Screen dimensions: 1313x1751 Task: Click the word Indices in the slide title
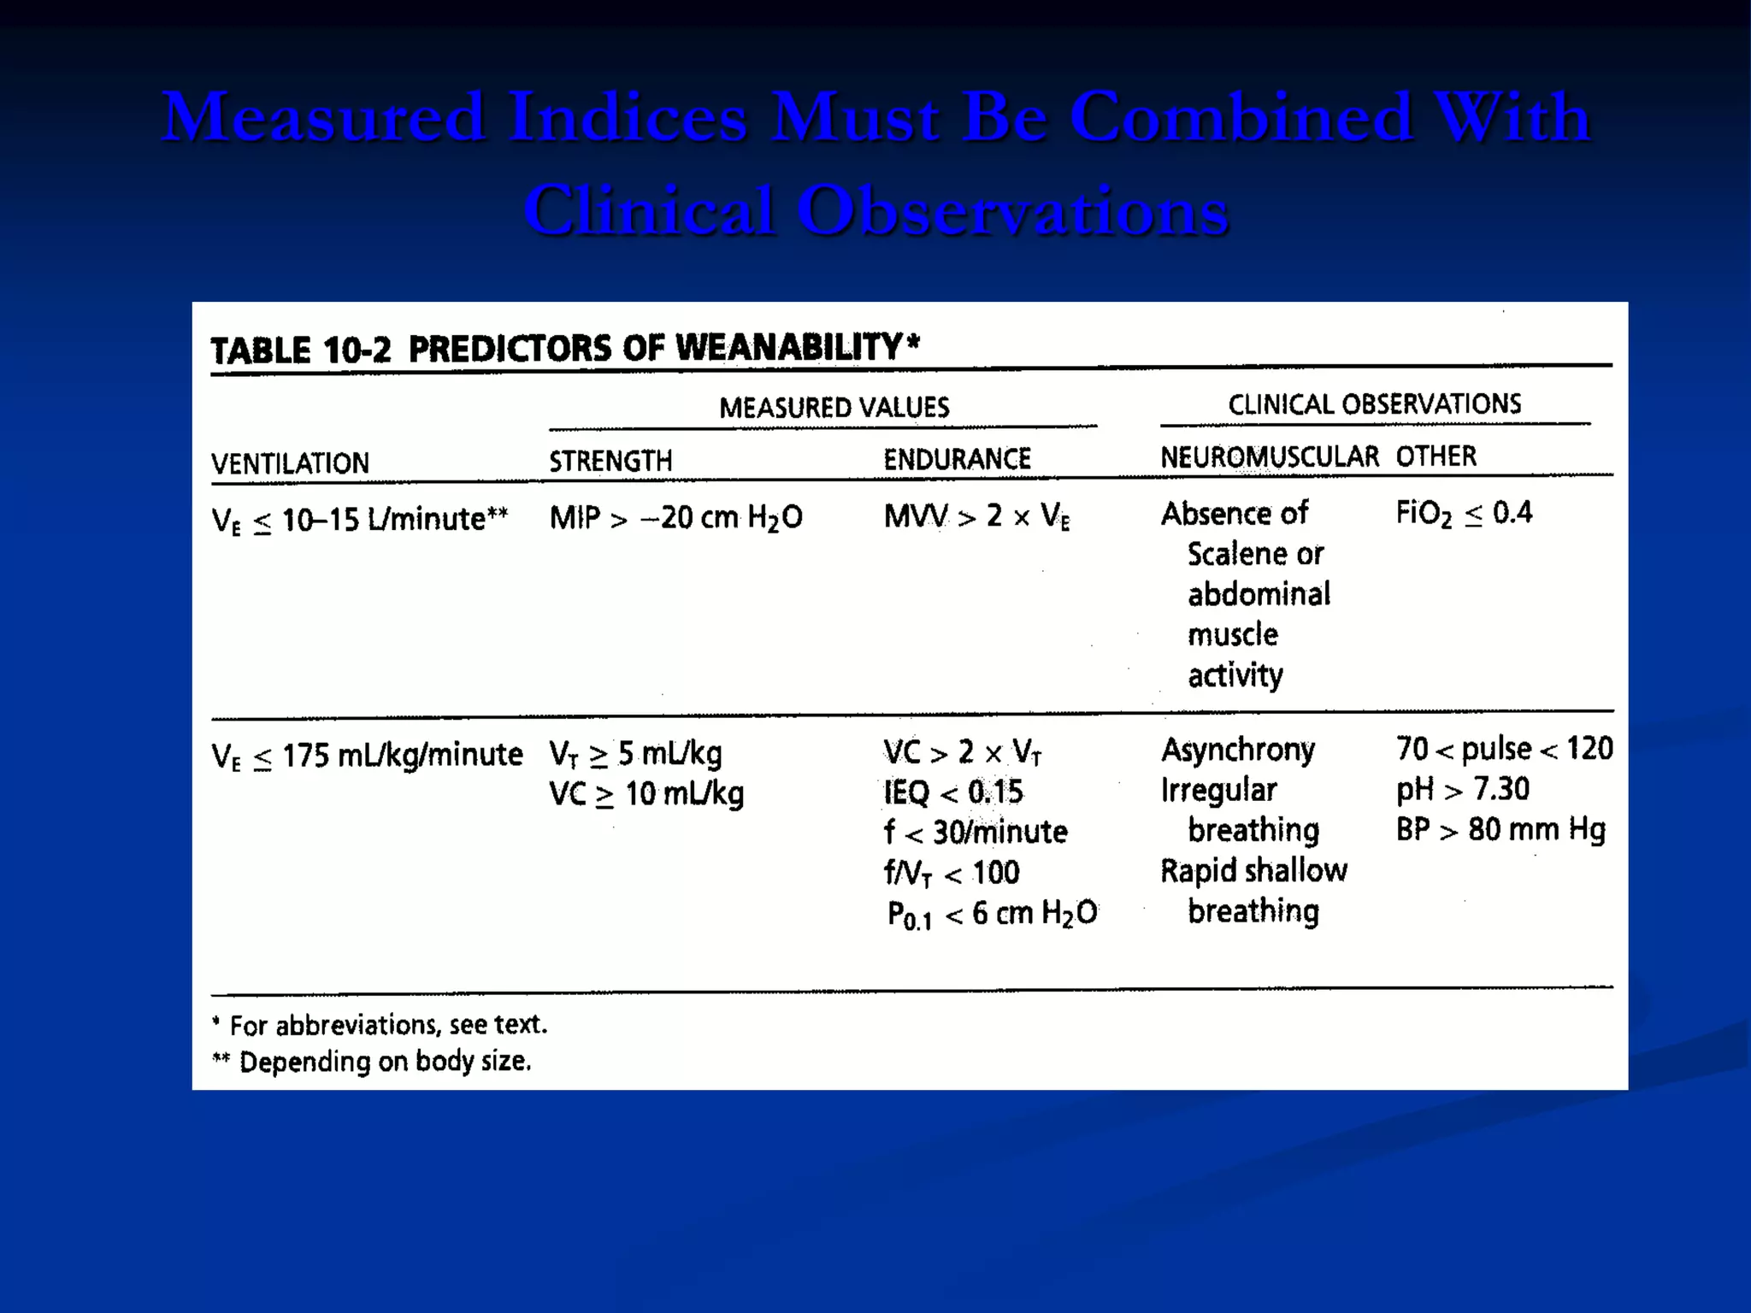[628, 118]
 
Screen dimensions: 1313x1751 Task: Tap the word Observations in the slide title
[1013, 211]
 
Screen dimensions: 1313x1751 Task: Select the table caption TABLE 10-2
[301, 350]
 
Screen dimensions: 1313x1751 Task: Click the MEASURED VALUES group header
[834, 407]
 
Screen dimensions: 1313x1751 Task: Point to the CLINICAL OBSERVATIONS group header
[1374, 403]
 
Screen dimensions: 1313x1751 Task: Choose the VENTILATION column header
[290, 463]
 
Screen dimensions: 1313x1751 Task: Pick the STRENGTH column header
[610, 461]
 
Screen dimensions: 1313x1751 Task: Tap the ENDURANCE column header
[957, 459]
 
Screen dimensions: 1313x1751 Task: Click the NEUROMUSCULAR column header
[1269, 456]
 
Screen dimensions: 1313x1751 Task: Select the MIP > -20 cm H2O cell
[675, 517]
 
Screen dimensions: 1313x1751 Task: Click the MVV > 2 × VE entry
[976, 516]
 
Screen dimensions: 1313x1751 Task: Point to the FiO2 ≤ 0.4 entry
[1464, 513]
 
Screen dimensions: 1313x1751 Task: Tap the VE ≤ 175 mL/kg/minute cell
[367, 756]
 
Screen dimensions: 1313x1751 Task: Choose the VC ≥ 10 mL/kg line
[646, 794]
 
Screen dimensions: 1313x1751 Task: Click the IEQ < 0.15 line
[952, 792]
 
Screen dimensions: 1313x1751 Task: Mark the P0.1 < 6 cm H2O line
[992, 914]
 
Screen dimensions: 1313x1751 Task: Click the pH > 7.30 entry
[1462, 789]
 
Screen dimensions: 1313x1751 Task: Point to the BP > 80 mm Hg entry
[1500, 829]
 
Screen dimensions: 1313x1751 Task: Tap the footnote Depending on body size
[385, 1062]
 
